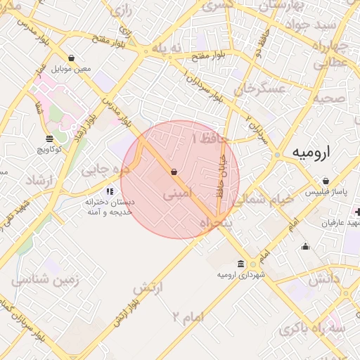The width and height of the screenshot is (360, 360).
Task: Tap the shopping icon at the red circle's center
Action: tap(174, 172)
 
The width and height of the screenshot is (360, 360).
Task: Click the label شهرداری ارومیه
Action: tap(242, 274)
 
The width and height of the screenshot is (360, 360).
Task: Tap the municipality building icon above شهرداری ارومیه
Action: tap(241, 264)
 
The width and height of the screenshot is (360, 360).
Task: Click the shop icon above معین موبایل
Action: tap(72, 58)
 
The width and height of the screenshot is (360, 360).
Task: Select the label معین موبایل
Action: tap(72, 68)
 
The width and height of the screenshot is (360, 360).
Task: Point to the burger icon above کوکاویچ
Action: tap(49, 139)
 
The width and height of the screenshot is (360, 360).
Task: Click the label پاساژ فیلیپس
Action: tap(326, 191)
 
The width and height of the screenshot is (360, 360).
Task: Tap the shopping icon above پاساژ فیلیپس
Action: tap(326, 181)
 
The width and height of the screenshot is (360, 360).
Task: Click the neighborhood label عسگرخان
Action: tap(263, 89)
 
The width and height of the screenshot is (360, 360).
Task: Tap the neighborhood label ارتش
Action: tap(148, 287)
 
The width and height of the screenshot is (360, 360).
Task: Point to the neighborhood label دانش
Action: tap(323, 279)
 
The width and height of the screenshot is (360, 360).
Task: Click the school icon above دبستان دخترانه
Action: tap(109, 191)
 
